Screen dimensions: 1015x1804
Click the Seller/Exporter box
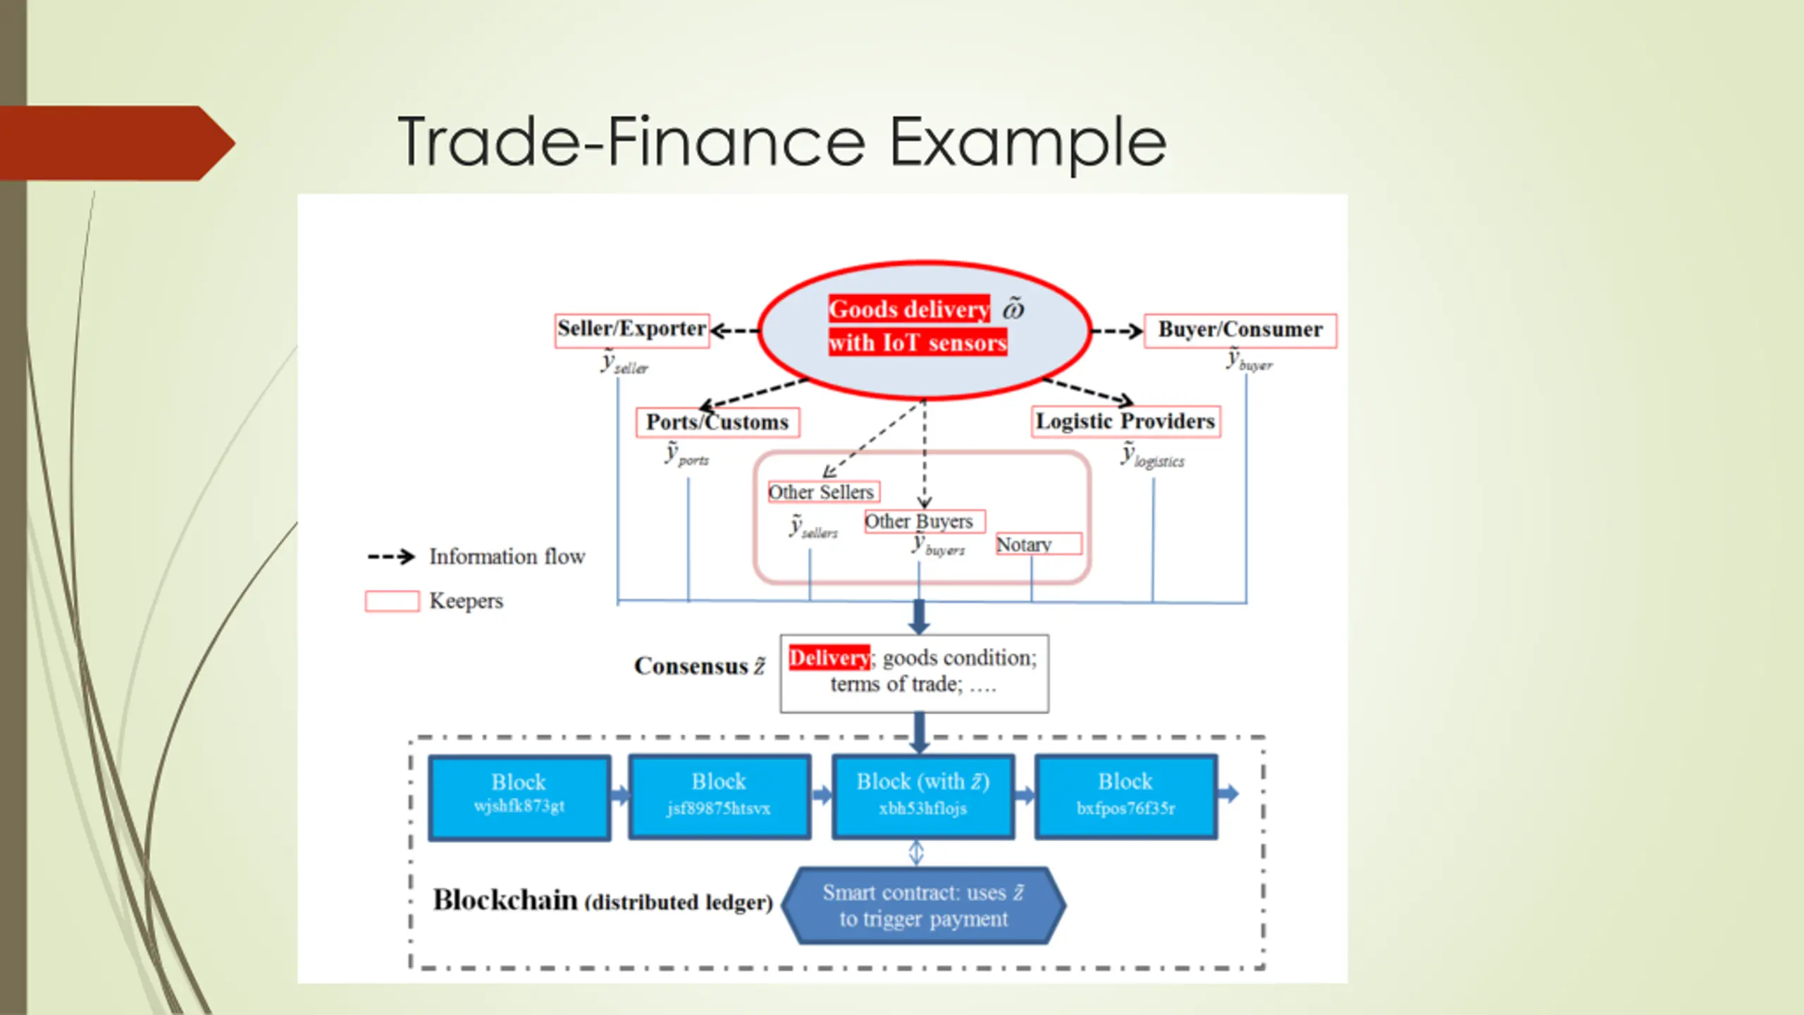pyautogui.click(x=631, y=330)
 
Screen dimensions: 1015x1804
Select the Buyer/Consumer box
pyautogui.click(x=1240, y=330)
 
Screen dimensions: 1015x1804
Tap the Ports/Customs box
pyautogui.click(x=717, y=422)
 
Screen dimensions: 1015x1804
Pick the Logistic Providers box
pyautogui.click(x=1125, y=422)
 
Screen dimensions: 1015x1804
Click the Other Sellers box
pyautogui.click(x=822, y=491)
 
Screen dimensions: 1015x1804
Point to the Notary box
pyautogui.click(x=1037, y=544)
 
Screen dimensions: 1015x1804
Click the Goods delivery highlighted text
pyautogui.click(x=908, y=309)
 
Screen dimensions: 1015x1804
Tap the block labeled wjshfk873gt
pyautogui.click(x=519, y=796)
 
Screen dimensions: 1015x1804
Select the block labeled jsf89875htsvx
pyautogui.click(x=719, y=796)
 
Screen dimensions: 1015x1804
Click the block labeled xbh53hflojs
pyautogui.click(x=922, y=796)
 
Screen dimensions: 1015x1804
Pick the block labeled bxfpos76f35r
pyautogui.click(x=1125, y=796)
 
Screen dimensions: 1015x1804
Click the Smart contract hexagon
pyautogui.click(x=923, y=906)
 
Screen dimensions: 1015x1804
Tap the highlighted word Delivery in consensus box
pyautogui.click(x=829, y=658)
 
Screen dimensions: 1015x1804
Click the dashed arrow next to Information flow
pyautogui.click(x=391, y=557)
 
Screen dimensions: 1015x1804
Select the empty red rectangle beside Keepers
pyautogui.click(x=392, y=601)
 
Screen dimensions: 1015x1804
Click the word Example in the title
pyautogui.click(x=1027, y=142)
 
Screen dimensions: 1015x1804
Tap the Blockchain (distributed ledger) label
pyautogui.click(x=603, y=901)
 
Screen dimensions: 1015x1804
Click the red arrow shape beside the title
pyautogui.click(x=116, y=143)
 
